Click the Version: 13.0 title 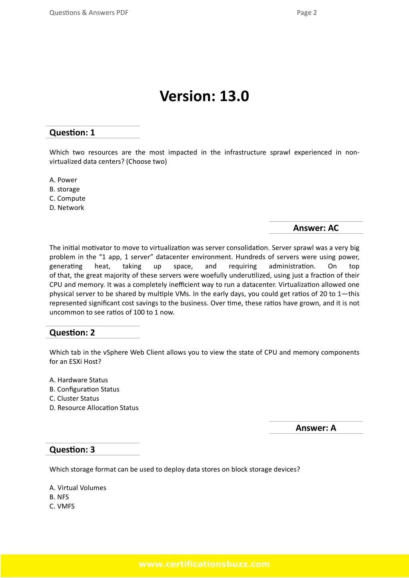[204, 96]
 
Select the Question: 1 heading [72, 133]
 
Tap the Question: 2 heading [72, 333]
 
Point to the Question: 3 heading [72, 450]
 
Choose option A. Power [63, 180]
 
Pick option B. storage [65, 189]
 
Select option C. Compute [68, 199]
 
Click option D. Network [67, 208]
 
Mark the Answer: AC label [316, 228]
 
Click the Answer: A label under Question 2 [316, 428]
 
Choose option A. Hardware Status [79, 380]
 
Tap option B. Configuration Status [84, 389]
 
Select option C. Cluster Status [74, 399]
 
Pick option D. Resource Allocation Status [94, 408]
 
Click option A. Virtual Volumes [78, 488]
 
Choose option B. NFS [59, 497]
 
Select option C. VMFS [62, 506]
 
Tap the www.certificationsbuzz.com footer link [204, 564]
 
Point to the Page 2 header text [307, 13]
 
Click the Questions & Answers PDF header [89, 13]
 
